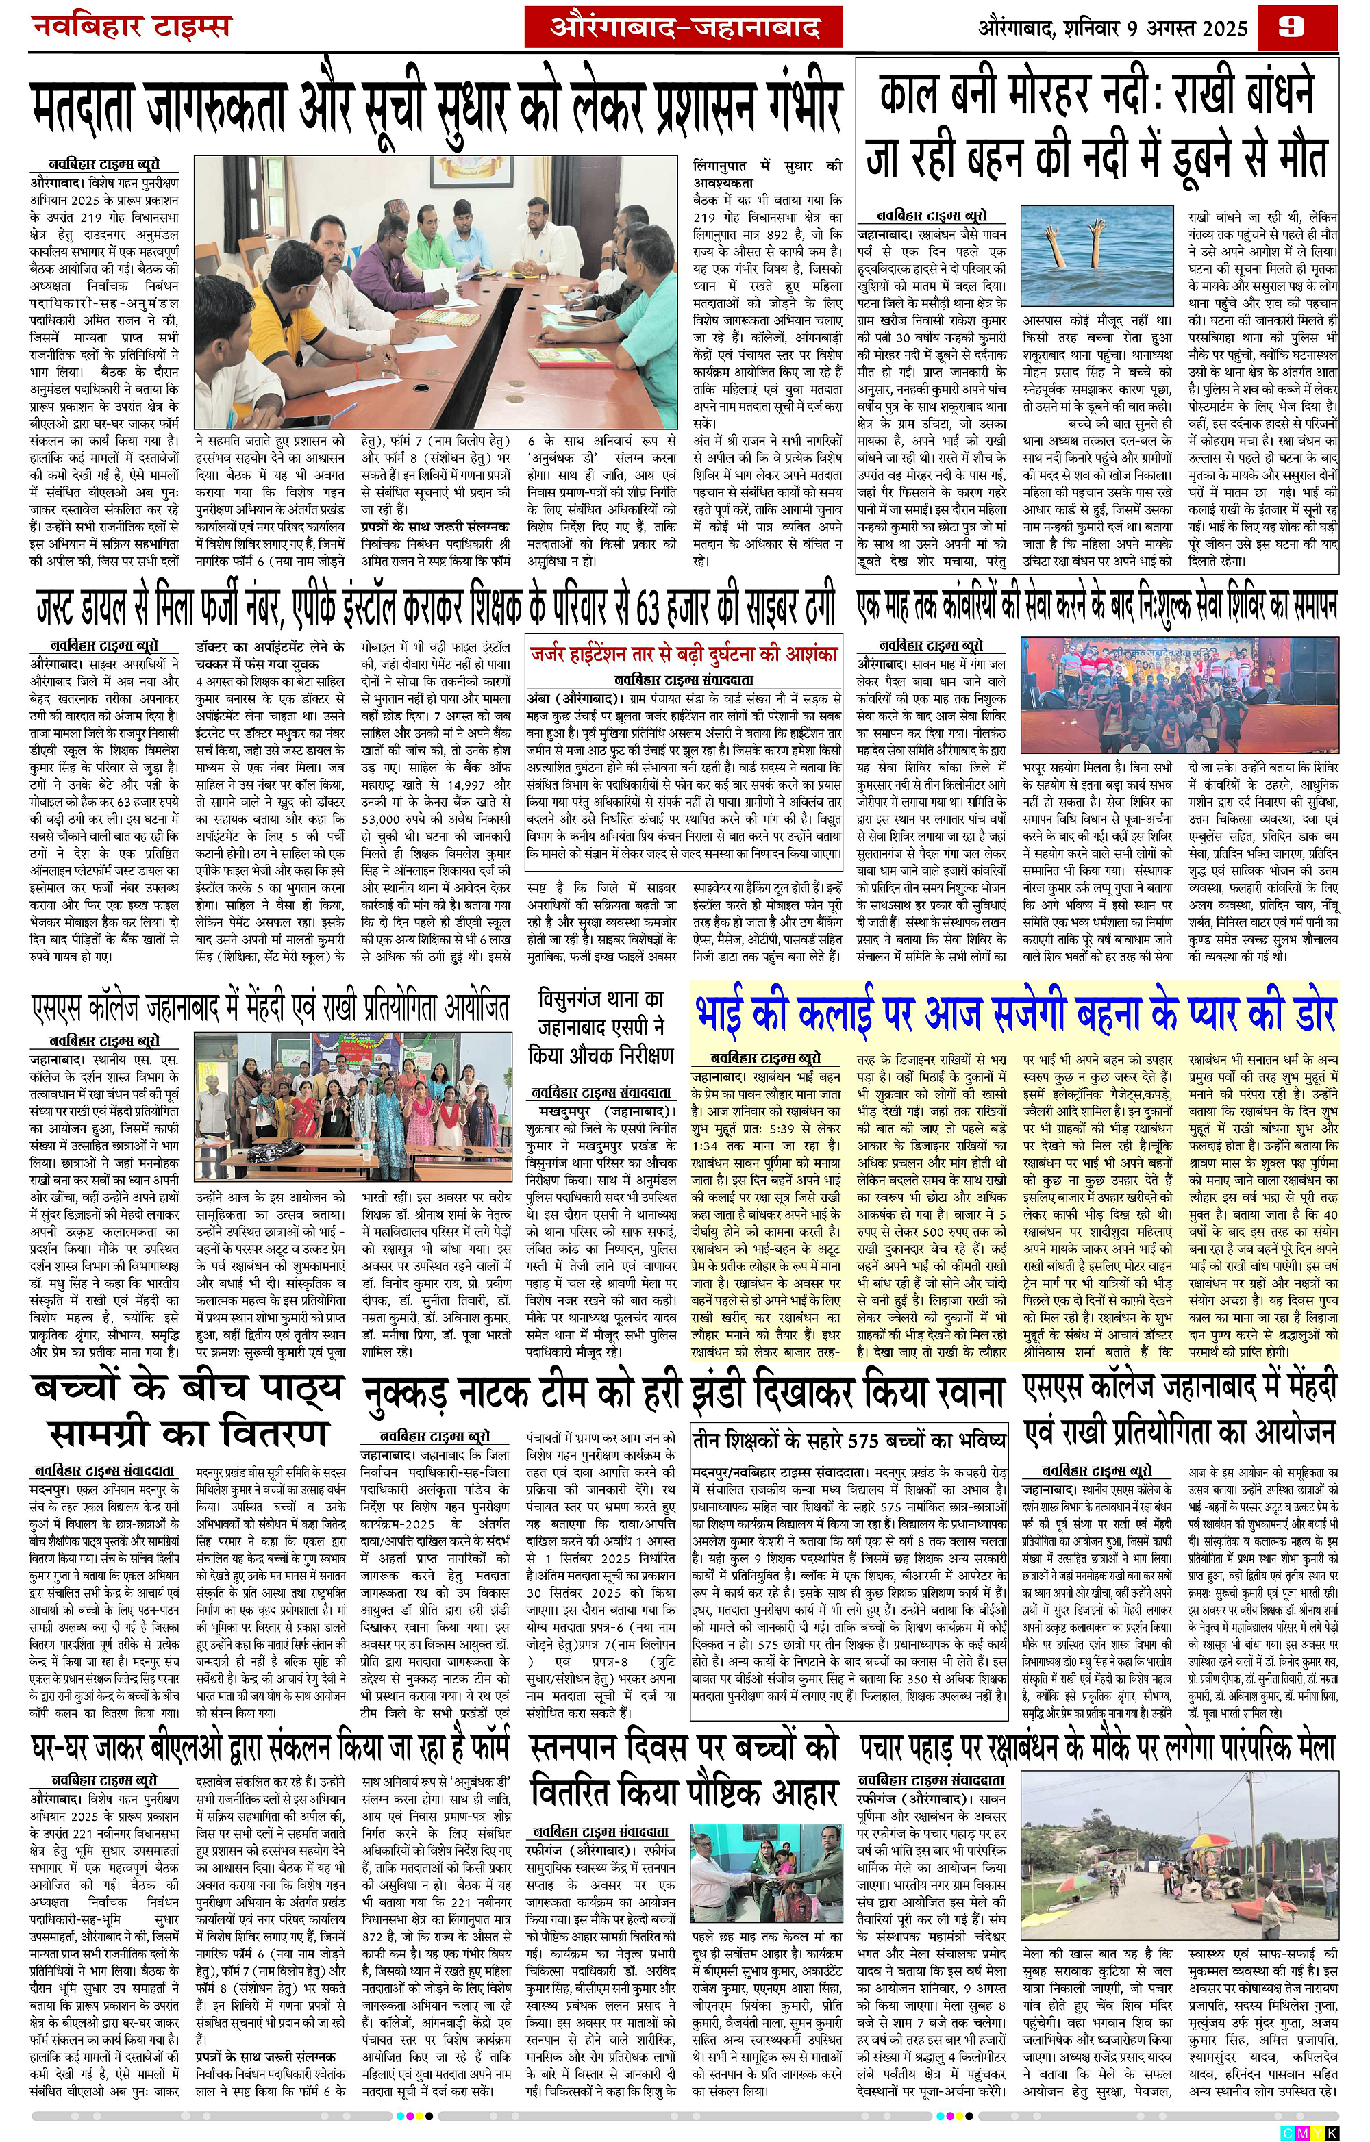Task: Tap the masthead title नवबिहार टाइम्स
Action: pos(132,26)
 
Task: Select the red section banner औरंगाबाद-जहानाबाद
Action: pos(683,29)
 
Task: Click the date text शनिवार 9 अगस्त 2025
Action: pos(1156,29)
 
